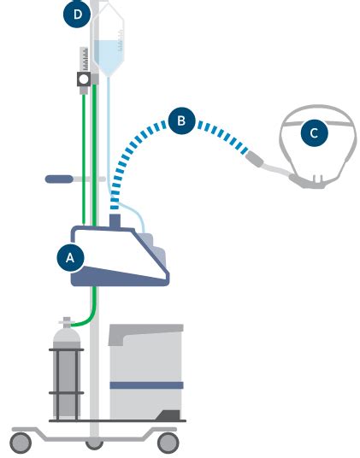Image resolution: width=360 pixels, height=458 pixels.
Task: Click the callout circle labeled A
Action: pos(70,258)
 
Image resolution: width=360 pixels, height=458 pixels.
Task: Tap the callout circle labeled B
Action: pos(181,120)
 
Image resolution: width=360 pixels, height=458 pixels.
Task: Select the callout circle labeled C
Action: pos(314,133)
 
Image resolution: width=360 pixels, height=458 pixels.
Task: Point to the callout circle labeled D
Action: pos(77,14)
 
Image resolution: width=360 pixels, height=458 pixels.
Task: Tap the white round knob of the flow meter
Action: pos(84,79)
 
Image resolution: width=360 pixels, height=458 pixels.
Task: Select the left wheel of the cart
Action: pos(21,443)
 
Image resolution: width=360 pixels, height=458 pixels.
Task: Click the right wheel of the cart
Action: pos(168,443)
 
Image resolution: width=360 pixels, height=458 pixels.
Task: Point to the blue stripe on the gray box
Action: pos(146,385)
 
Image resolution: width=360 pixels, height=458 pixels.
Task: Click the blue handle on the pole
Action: pos(59,179)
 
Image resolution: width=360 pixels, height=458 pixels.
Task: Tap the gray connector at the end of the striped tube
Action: pos(255,159)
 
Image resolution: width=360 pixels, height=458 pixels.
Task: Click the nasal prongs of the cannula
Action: pos(318,179)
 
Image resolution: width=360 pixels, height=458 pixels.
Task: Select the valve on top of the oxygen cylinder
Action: pos(67,322)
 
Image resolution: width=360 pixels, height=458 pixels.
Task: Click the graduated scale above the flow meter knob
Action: pos(84,59)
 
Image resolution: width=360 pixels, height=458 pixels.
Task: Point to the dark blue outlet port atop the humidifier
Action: pos(115,221)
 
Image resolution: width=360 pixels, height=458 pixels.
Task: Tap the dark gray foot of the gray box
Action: pos(168,415)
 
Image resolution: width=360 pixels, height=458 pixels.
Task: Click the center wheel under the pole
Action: pos(94,444)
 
